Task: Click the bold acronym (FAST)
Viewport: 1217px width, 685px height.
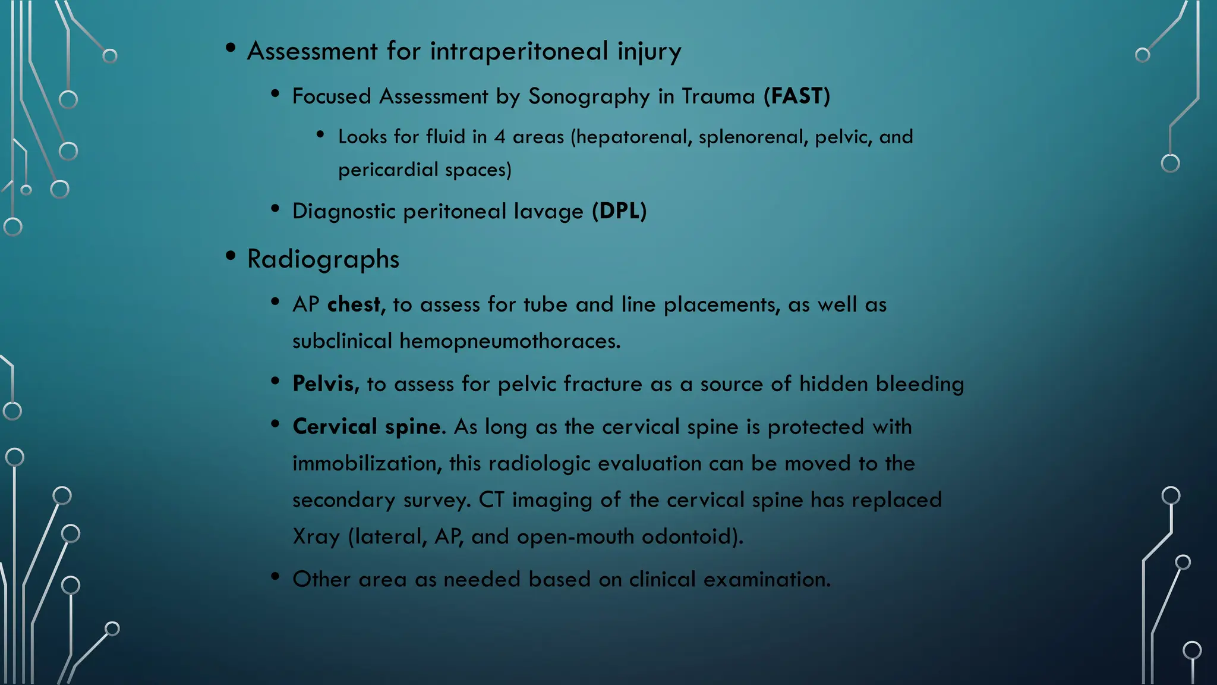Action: (796, 96)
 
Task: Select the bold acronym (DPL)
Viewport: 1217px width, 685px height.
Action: (619, 211)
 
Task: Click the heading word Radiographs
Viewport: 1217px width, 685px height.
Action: (323, 259)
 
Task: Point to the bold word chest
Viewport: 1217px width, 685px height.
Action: (354, 304)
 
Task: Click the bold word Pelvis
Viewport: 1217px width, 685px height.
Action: (325, 384)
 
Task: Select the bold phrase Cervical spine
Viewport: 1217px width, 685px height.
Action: (367, 427)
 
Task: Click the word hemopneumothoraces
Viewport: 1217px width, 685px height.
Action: (509, 341)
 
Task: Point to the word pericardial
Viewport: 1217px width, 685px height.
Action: (388, 170)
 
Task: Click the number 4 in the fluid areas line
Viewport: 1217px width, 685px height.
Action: (500, 137)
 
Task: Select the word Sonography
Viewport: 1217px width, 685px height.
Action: (589, 96)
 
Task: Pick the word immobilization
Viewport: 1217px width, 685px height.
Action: (367, 463)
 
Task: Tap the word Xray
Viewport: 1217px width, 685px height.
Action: (316, 537)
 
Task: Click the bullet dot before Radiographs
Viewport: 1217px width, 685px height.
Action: (231, 256)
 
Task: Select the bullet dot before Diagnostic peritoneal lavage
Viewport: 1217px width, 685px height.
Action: (275, 208)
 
